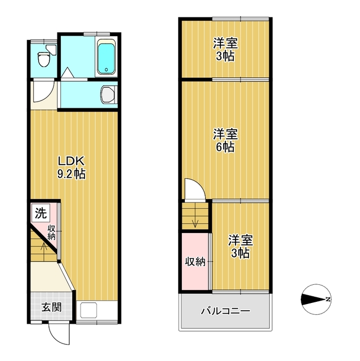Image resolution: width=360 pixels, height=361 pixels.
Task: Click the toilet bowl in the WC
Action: tap(43, 59)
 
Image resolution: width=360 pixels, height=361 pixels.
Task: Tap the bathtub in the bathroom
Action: tap(106, 57)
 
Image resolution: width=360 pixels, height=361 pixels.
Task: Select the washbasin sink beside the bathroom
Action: tap(109, 94)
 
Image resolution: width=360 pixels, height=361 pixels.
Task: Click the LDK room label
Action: tap(72, 161)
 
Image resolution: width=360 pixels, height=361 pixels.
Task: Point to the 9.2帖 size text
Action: tap(72, 174)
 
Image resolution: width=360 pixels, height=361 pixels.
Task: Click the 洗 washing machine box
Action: tap(41, 213)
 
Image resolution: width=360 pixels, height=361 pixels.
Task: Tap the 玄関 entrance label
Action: tap(51, 307)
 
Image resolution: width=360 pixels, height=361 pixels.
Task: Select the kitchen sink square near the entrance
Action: tap(88, 310)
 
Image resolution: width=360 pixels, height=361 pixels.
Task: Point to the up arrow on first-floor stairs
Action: tap(44, 250)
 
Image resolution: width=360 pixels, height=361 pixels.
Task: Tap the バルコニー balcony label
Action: tap(225, 311)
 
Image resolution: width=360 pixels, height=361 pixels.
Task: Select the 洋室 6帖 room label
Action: tap(225, 140)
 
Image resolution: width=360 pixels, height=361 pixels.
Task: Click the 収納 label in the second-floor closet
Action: tap(195, 262)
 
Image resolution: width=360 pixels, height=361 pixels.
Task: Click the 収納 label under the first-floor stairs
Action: tap(51, 232)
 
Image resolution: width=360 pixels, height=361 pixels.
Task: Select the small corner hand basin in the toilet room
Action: tap(52, 50)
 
